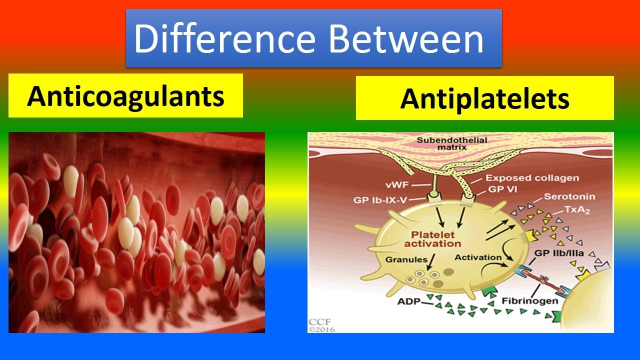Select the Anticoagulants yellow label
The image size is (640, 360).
coord(125,95)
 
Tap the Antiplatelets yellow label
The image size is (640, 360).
coord(484,98)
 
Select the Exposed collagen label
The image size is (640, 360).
coord(532,177)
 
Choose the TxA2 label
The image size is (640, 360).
coord(576,210)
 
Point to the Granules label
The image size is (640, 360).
coord(406,260)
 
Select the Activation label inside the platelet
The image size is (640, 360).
coord(478,257)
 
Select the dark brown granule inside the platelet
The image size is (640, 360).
coord(448,272)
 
